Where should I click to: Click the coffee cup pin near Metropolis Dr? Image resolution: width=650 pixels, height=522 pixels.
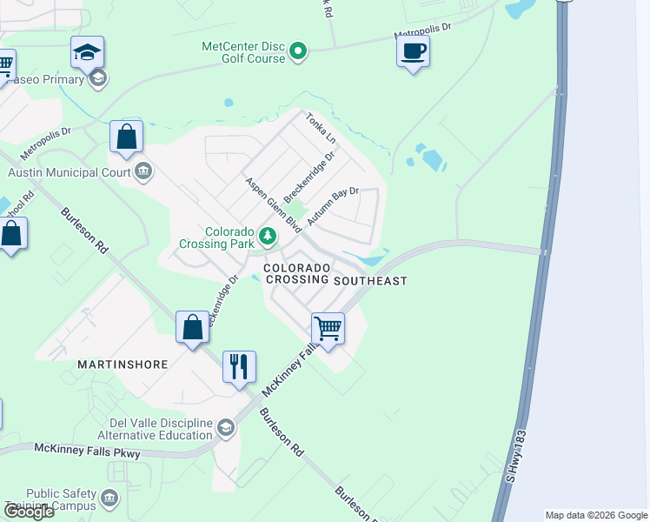(414, 51)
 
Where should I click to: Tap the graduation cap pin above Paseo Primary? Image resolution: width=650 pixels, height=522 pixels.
(88, 52)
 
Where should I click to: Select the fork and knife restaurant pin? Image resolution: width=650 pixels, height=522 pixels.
(240, 366)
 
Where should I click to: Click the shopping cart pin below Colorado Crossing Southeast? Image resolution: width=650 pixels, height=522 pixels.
(328, 330)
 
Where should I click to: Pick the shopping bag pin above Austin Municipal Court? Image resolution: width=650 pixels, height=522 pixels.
(127, 137)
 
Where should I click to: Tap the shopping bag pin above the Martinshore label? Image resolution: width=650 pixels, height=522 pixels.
(193, 328)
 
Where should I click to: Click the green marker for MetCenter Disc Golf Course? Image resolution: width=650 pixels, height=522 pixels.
(298, 52)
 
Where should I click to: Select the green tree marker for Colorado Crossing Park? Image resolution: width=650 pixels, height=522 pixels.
(269, 236)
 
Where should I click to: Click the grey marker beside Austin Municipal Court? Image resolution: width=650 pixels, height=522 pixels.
(144, 172)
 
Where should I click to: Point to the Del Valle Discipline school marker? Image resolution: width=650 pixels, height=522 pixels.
(226, 427)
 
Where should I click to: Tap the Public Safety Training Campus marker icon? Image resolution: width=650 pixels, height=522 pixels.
(109, 499)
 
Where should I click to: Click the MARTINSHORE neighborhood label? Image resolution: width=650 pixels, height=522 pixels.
(123, 365)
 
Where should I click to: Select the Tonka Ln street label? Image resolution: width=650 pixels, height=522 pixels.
(320, 128)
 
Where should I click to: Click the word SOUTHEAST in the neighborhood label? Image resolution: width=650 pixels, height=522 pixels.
(370, 280)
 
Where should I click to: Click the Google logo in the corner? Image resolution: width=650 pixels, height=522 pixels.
(29, 512)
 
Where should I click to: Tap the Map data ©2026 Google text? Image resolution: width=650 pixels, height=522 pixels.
(596, 515)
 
